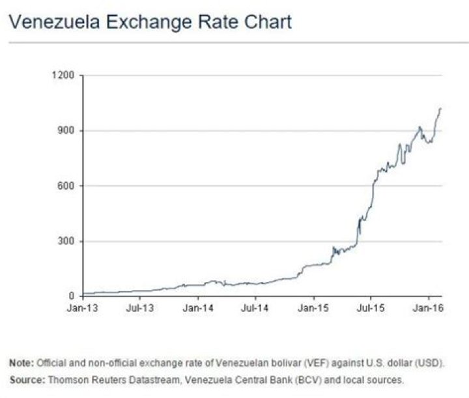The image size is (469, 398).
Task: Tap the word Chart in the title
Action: pos(264,23)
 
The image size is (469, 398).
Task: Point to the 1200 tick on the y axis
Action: pos(64,76)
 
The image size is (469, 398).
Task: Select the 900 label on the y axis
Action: pos(67,131)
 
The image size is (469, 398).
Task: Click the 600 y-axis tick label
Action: pos(67,186)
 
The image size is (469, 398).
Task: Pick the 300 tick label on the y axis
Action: pos(67,242)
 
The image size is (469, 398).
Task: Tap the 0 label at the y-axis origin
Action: pos(72,296)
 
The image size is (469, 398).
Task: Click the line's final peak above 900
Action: pos(440,109)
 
